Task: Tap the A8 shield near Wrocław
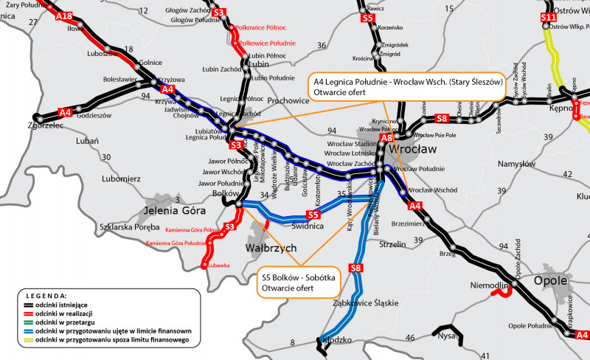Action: point(386,137)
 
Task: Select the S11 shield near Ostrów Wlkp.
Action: point(548,17)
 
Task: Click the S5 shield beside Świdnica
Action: point(313,215)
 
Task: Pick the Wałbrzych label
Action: point(270,247)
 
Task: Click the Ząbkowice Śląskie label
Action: point(365,302)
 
